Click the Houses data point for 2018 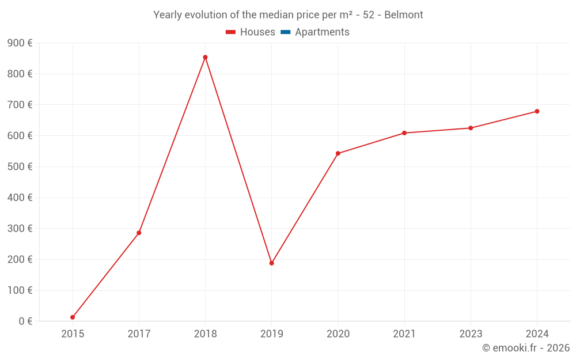(x=205, y=57)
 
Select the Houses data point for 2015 (x=73, y=317)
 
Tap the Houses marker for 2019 (x=271, y=263)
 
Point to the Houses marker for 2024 (x=537, y=111)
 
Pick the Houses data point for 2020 (x=338, y=153)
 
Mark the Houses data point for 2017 (x=139, y=233)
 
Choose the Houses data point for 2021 (x=404, y=133)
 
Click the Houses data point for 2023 (x=471, y=128)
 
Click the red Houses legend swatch (x=230, y=32)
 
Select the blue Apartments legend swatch (x=285, y=32)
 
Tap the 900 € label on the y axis (x=20, y=43)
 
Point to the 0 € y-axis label (x=25, y=321)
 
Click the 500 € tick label (x=20, y=167)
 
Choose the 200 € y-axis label (x=20, y=260)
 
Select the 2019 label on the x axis (x=271, y=334)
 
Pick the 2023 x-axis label (x=471, y=334)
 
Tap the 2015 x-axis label (x=73, y=334)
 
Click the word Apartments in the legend (x=322, y=32)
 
